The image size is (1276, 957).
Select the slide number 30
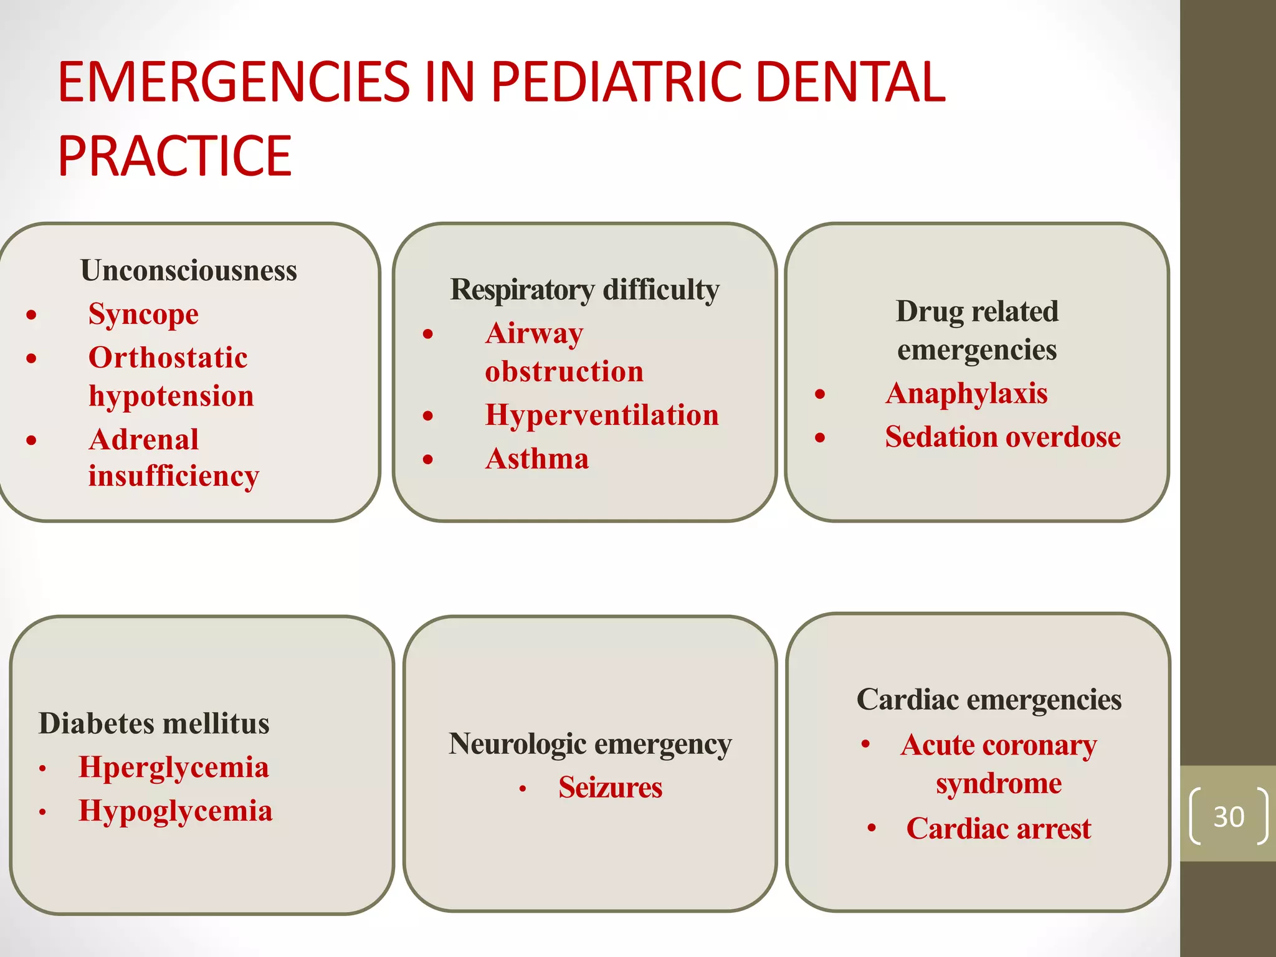coord(1229,816)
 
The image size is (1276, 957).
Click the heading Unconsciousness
coord(189,270)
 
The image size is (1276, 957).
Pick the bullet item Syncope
coord(143,314)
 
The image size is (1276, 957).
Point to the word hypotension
coord(171,396)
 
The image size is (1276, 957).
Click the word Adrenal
coord(144,439)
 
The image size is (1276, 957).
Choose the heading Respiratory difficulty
coord(584,290)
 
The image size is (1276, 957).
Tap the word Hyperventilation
coord(602,415)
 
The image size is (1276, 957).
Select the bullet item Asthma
coord(537,459)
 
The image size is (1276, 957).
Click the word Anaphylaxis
coord(966,394)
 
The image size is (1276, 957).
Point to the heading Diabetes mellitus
coord(154,723)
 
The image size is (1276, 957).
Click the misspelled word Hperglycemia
coord(174,767)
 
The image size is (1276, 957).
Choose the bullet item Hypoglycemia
coord(176,811)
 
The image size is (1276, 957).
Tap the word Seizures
coord(610,787)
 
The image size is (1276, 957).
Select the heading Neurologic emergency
coord(590,744)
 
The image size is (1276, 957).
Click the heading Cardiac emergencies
coord(989,700)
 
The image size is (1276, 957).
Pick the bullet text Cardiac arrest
coord(999,829)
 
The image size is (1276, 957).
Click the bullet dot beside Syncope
coord(32,315)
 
